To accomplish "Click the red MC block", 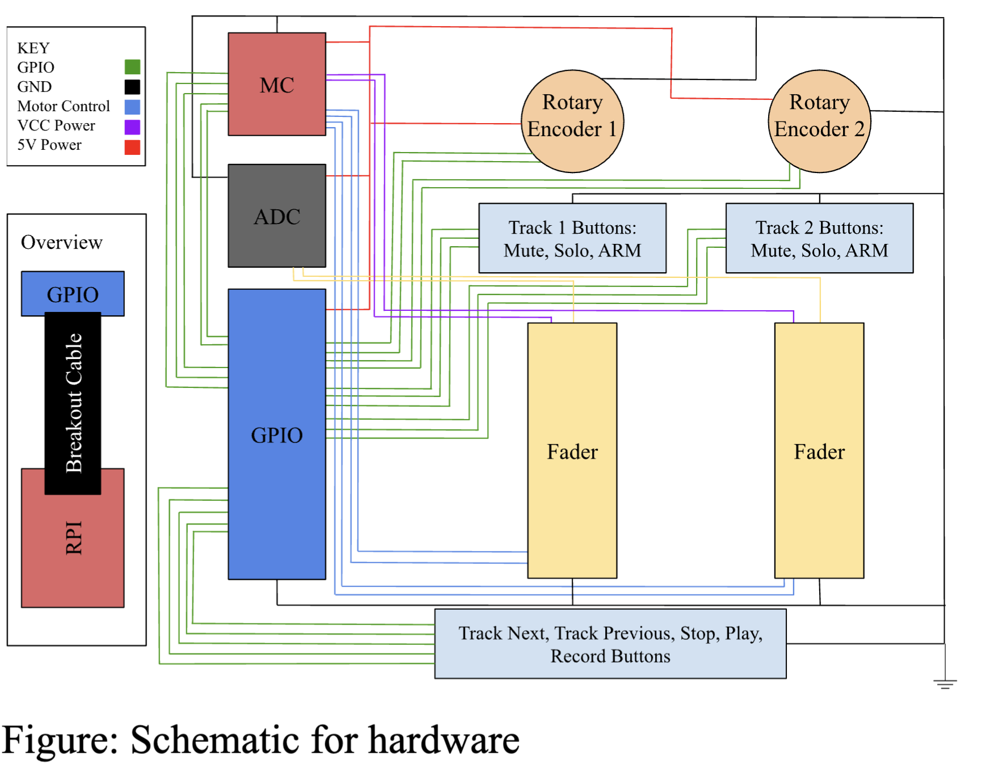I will pos(276,84).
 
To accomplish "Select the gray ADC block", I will pos(276,216).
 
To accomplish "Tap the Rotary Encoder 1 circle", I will pos(572,121).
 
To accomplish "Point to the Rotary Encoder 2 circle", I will pos(819,121).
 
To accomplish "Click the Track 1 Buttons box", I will pos(572,238).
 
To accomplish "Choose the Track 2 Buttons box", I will pos(819,238).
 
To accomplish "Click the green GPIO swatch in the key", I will pos(132,67).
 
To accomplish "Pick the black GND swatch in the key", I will pos(132,87).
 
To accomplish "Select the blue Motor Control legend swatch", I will pos(132,107).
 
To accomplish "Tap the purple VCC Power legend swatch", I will pos(132,126).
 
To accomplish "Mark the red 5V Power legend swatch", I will pos(132,147).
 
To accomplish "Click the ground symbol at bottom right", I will pos(945,683).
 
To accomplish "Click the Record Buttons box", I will pos(610,644).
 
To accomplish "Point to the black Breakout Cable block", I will pos(73,403).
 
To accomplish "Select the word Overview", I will pos(62,242).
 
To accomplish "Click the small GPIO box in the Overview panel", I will pos(73,294).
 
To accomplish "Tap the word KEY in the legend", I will pos(33,48).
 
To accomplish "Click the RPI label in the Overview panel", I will pos(74,538).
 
